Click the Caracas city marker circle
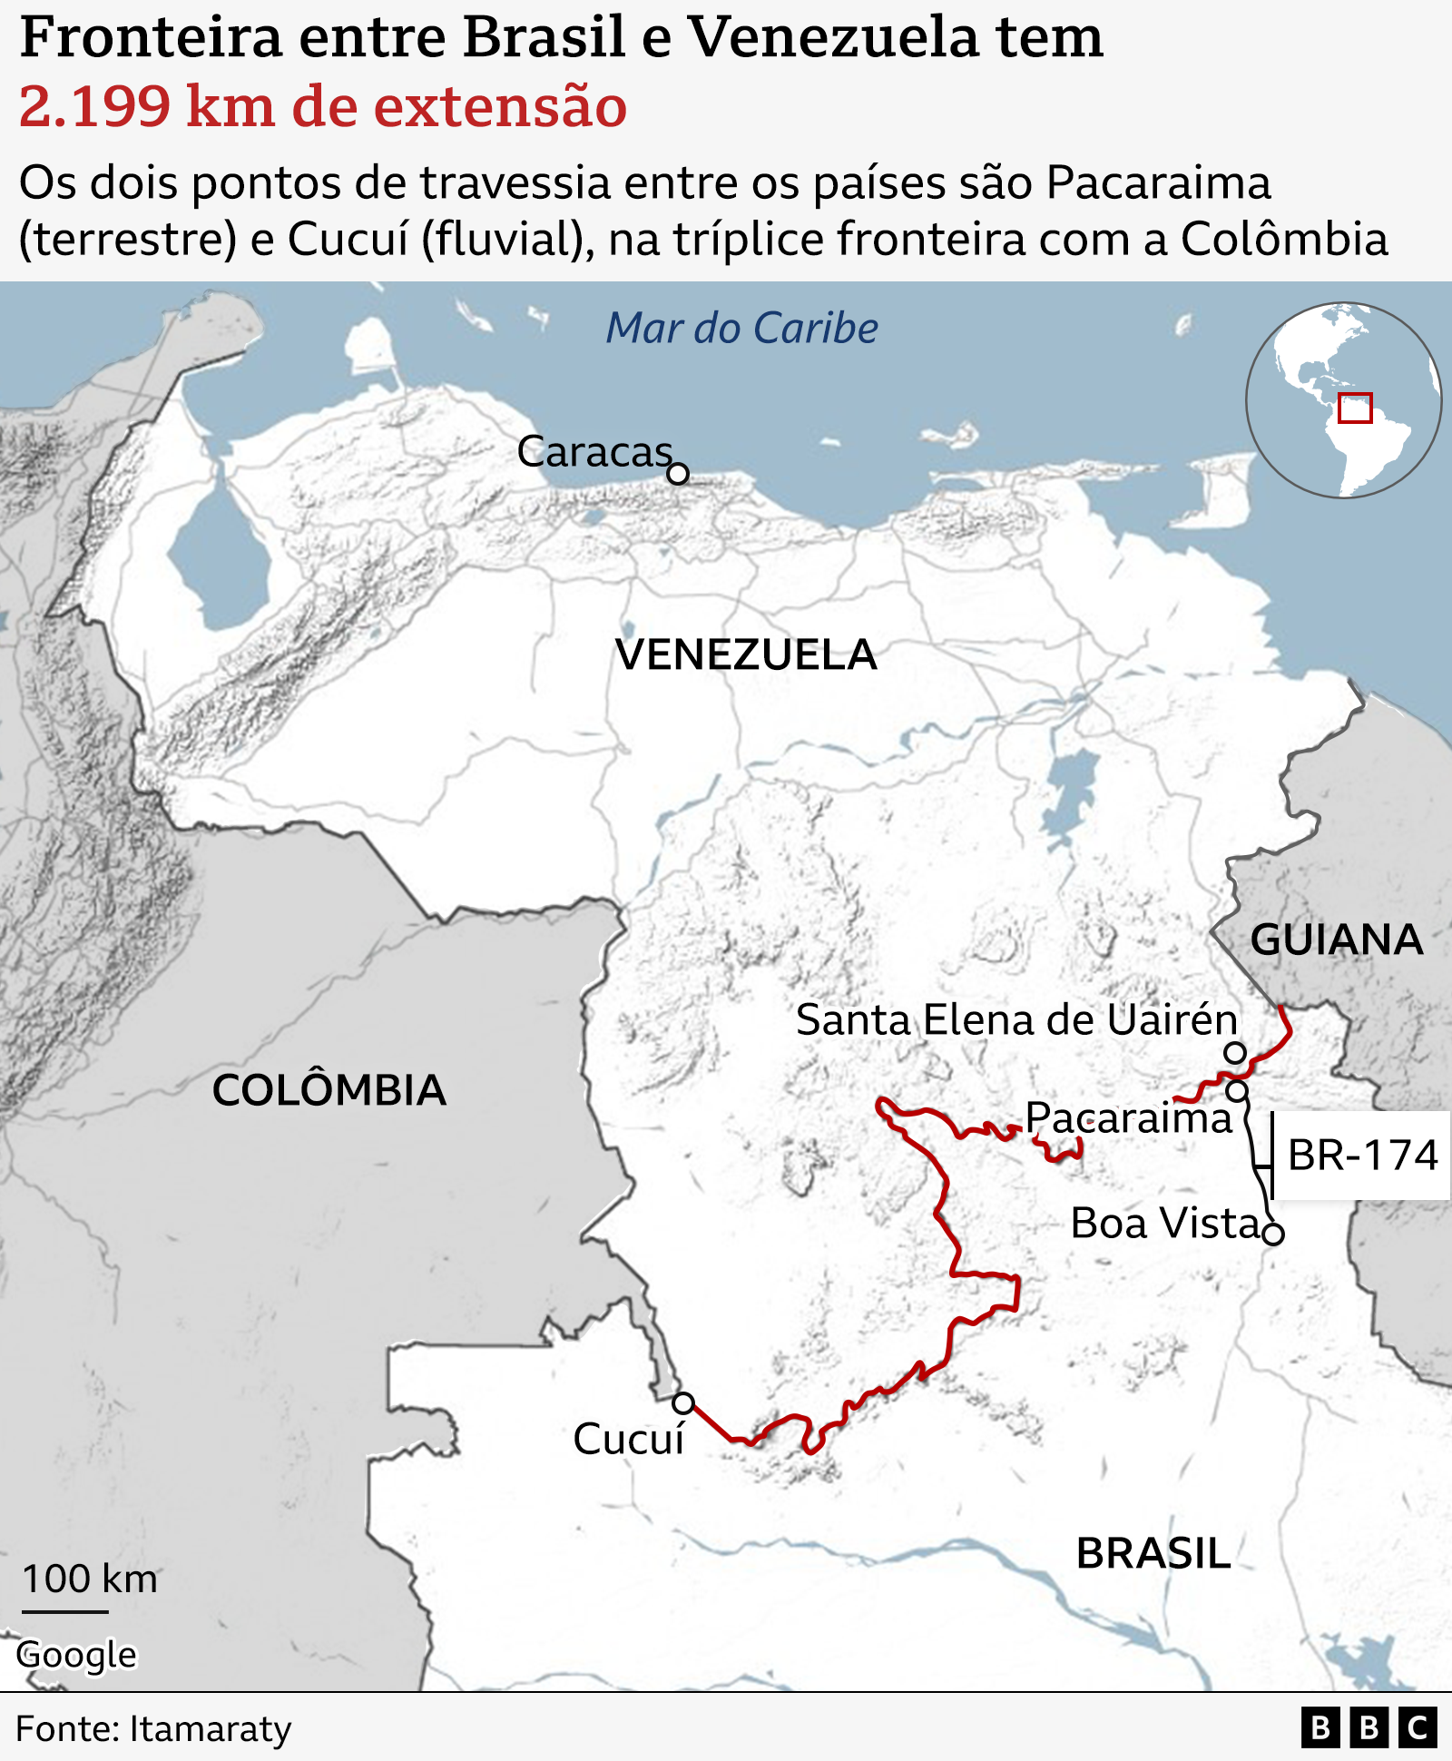[x=678, y=474]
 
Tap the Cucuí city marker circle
[x=683, y=1403]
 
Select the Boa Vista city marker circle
[x=1273, y=1234]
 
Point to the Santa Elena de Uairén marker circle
[x=1235, y=1053]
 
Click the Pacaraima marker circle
[x=1238, y=1091]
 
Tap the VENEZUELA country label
[x=746, y=654]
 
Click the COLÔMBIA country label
[x=329, y=1090]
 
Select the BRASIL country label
[x=1153, y=1554]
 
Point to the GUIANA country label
[x=1336, y=940]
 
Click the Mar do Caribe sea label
[x=741, y=328]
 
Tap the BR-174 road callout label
[x=1362, y=1156]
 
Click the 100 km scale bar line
[x=65, y=1612]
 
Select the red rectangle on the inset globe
[x=1355, y=408]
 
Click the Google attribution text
[x=76, y=1655]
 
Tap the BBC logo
[x=1369, y=1727]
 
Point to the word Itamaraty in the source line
[x=211, y=1728]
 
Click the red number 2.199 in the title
[x=94, y=106]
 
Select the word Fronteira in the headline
[x=151, y=38]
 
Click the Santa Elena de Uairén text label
[x=1016, y=1020]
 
